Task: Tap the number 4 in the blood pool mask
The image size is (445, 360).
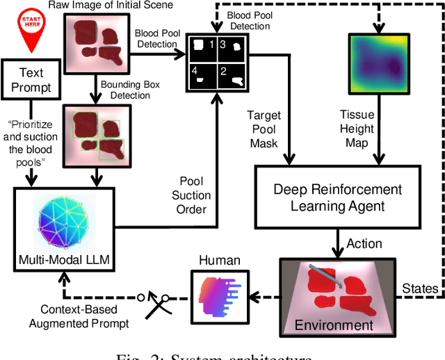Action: pyautogui.click(x=197, y=71)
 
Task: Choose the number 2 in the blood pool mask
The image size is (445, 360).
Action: pyautogui.click(x=222, y=71)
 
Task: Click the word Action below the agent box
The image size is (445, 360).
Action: pyautogui.click(x=364, y=243)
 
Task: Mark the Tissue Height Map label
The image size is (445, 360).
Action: pyautogui.click(x=357, y=129)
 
